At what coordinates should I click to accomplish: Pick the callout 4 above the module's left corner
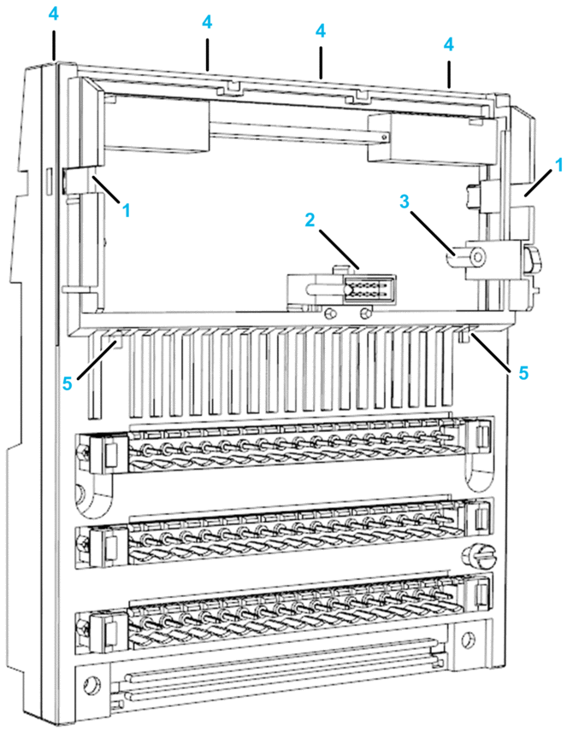(53, 15)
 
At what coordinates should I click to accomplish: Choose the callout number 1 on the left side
(127, 208)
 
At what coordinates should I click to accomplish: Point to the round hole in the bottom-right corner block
(468, 640)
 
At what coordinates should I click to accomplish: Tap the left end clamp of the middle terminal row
(109, 541)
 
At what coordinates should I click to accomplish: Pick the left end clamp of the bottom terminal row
(109, 630)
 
